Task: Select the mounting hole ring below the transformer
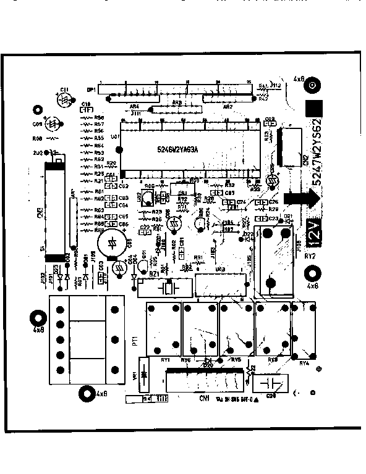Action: [x=85, y=392]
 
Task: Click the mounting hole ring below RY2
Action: [x=313, y=273]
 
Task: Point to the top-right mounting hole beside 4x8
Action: [x=313, y=86]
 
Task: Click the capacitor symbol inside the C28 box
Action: [x=273, y=383]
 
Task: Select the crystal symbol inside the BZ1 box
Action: [x=167, y=288]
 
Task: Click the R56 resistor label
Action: [x=98, y=131]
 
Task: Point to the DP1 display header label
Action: [x=91, y=89]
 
